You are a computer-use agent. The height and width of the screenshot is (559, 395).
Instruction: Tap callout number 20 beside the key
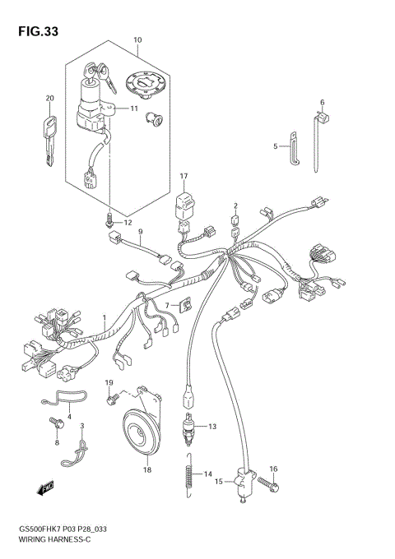click(x=49, y=99)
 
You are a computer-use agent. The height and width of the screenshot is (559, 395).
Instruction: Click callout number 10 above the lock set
click(x=137, y=39)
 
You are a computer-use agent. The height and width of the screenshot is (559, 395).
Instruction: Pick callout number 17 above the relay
click(x=184, y=176)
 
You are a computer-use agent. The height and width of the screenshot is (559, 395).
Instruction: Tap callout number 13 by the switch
click(x=211, y=427)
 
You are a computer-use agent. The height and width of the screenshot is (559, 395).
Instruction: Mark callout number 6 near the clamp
click(x=323, y=103)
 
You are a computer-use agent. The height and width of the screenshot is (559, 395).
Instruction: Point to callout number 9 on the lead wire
click(x=141, y=231)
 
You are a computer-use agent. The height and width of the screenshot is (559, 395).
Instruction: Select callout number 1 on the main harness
click(x=105, y=316)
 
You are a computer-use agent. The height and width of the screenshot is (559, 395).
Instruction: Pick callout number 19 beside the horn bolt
click(x=108, y=384)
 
